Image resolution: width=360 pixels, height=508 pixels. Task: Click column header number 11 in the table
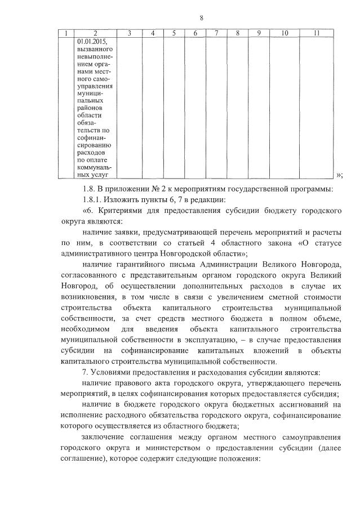317,34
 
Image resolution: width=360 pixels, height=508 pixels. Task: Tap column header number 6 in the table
195,34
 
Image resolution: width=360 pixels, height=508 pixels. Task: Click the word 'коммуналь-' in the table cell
95,167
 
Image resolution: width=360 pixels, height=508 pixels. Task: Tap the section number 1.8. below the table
89,188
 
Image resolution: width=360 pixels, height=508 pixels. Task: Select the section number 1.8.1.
92,200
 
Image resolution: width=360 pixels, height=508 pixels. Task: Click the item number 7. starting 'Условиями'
85,372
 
